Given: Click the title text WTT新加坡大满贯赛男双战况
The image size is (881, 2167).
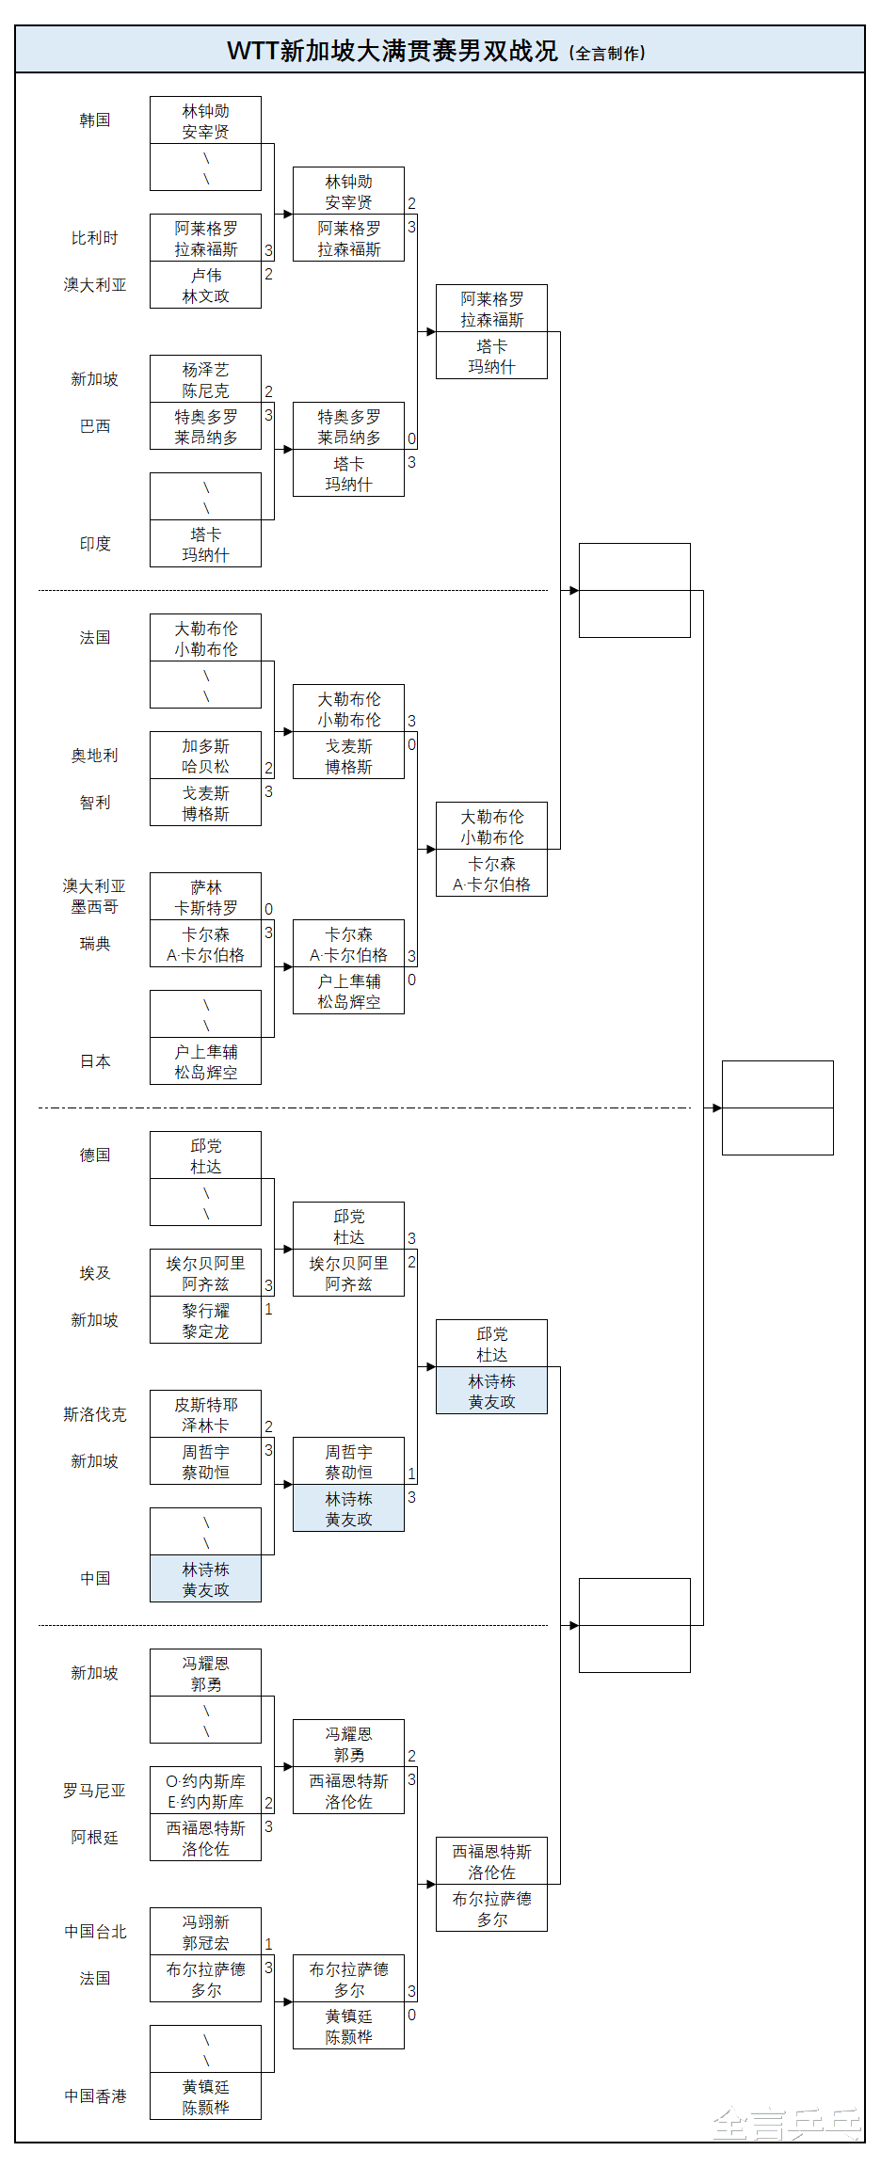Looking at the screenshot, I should (392, 51).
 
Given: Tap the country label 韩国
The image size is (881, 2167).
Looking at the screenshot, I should (95, 120).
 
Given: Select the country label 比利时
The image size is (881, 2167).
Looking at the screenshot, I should (95, 238).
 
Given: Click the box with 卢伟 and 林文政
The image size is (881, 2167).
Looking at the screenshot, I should (205, 285).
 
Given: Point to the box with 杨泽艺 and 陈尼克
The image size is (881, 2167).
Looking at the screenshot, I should (205, 379).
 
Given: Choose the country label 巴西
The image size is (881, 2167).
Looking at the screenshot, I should (95, 426).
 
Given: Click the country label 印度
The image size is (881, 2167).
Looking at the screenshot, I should (95, 544).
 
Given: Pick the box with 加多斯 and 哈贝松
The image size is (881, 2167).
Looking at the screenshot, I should (205, 756).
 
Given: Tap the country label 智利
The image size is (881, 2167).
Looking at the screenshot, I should (95, 803).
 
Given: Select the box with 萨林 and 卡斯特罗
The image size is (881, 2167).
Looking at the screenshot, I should (205, 897).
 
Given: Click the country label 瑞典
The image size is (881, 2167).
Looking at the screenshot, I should (95, 944).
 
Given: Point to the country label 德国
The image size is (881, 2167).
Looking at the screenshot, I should (95, 1155).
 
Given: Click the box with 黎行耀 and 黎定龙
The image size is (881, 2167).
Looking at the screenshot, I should (205, 1320).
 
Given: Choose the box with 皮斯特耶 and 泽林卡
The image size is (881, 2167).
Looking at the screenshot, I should (205, 1414).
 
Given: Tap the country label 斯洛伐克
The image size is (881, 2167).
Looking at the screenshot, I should (95, 1414).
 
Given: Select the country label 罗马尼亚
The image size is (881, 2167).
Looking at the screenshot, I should (95, 1791).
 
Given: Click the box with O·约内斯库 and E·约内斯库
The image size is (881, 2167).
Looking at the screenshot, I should (205, 1791).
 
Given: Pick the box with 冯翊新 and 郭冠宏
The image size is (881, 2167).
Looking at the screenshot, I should (205, 1932).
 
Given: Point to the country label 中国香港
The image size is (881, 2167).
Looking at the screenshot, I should (95, 2096).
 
